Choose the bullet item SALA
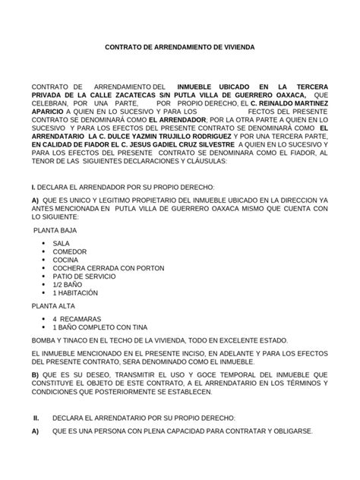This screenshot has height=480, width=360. [62, 243]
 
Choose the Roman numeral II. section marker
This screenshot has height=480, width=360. [36, 418]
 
